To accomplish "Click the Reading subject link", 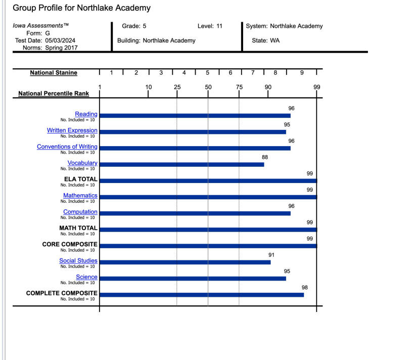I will coord(86,114).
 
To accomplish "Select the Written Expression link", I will coord(72,130).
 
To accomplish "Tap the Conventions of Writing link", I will coord(67,147).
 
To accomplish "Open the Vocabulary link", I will coord(82,163).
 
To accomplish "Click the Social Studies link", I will coord(78,261).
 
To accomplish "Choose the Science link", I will coord(86,277).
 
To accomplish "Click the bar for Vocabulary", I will coord(181,164).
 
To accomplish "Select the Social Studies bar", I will coord(185,262).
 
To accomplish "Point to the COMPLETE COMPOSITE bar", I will coord(202,294).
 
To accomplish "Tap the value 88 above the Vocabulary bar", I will coord(265,157).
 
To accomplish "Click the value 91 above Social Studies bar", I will coord(271,255).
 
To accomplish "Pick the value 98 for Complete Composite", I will coord(305,288).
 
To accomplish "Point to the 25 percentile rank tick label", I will coord(177,87).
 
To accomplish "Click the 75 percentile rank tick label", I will coord(239,87).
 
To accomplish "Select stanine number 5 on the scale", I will coord(208,73).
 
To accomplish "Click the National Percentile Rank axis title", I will coord(54,94).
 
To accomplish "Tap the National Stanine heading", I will coord(54,73).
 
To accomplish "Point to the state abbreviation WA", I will coord(274,40).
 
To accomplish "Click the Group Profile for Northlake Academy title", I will coord(81,8).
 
